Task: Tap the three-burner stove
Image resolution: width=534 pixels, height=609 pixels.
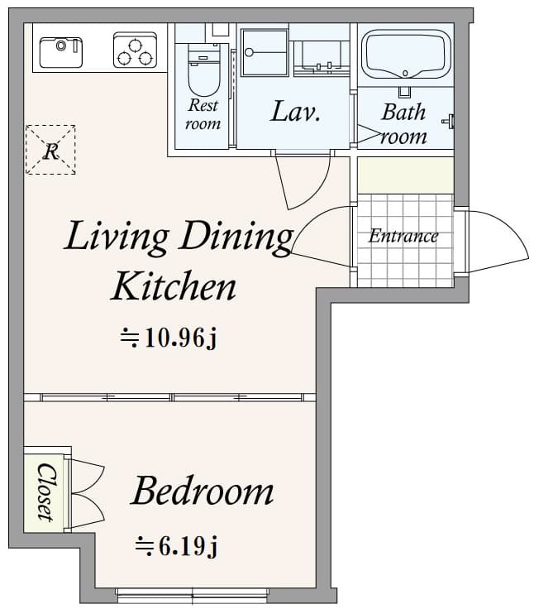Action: tap(135, 51)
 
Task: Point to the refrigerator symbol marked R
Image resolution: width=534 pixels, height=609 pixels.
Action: tap(50, 150)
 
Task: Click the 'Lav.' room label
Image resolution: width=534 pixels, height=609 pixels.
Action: tap(296, 113)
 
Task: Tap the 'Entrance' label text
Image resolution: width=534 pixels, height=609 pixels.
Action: tap(403, 236)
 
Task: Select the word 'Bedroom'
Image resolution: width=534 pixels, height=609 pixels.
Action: tap(203, 492)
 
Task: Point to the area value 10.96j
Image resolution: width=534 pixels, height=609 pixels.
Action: tap(169, 338)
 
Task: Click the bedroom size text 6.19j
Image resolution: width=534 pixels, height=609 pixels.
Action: tap(176, 546)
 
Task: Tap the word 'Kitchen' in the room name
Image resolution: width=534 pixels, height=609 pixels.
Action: tap(174, 286)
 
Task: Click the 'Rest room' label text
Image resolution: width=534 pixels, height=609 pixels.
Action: tap(203, 114)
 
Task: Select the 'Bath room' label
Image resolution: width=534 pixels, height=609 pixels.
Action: tap(403, 124)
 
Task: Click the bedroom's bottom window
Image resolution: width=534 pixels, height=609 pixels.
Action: tap(193, 592)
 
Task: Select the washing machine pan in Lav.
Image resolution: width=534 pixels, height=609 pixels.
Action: tap(265, 51)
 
